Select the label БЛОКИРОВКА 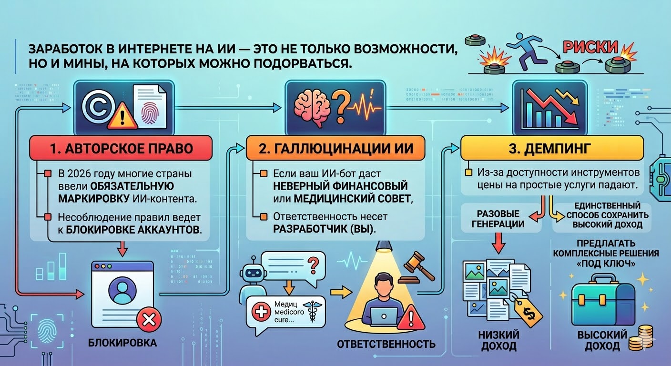(x=122, y=342)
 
